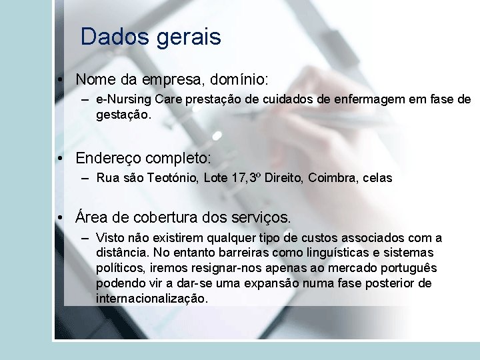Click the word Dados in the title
pos(115,37)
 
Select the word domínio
pos(239,80)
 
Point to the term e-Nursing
pos(123,100)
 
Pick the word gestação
pos(123,115)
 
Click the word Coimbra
pos(331,178)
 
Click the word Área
pos(91,217)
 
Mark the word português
pos(403,269)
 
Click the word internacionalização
pos(152,299)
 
